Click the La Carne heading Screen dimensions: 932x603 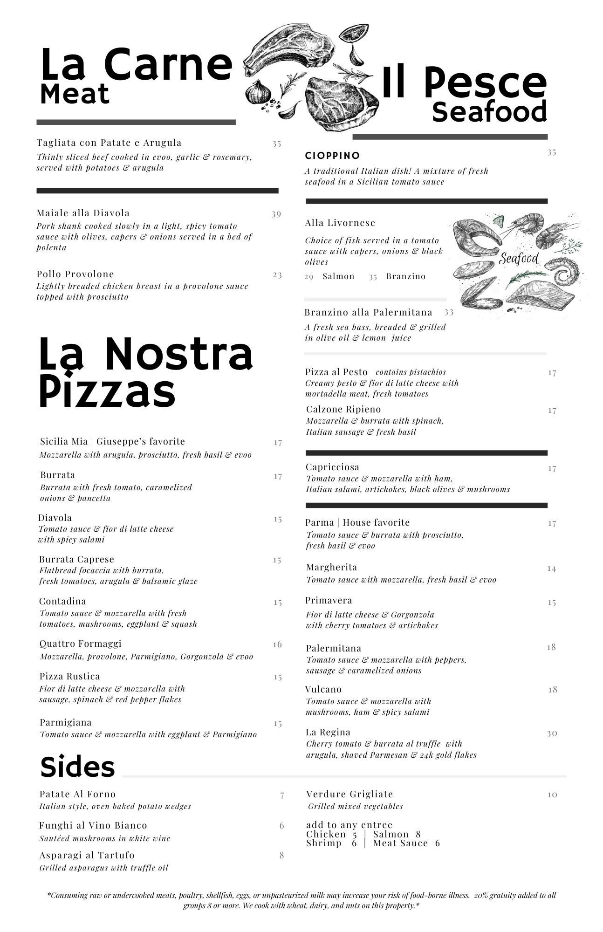tap(136, 64)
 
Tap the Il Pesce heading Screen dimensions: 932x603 tap(464, 83)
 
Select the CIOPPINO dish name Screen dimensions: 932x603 tap(332, 156)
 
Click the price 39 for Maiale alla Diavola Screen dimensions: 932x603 tap(276, 214)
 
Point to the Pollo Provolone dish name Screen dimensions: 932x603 tap(75, 274)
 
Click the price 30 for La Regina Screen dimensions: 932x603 tap(552, 733)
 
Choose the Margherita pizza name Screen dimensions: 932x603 tap(331, 567)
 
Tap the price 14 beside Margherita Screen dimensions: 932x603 tap(552, 569)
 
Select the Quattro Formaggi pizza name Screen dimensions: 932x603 tap(80, 644)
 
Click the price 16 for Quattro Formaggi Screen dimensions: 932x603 tap(277, 644)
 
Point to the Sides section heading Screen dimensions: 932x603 tap(77, 767)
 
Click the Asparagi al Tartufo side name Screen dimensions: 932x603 tap(87, 855)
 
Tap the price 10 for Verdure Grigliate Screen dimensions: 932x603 tap(552, 795)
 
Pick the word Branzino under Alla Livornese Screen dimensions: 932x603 tap(405, 276)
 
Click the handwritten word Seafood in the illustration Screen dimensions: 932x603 tap(519, 258)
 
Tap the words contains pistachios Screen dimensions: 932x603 tap(411, 372)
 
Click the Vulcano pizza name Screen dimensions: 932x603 tap(323, 689)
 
